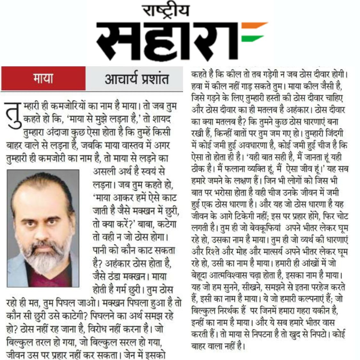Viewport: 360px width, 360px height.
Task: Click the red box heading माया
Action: pyautogui.click(x=43, y=78)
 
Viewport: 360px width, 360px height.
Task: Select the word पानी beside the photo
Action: pyautogui.click(x=100, y=250)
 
